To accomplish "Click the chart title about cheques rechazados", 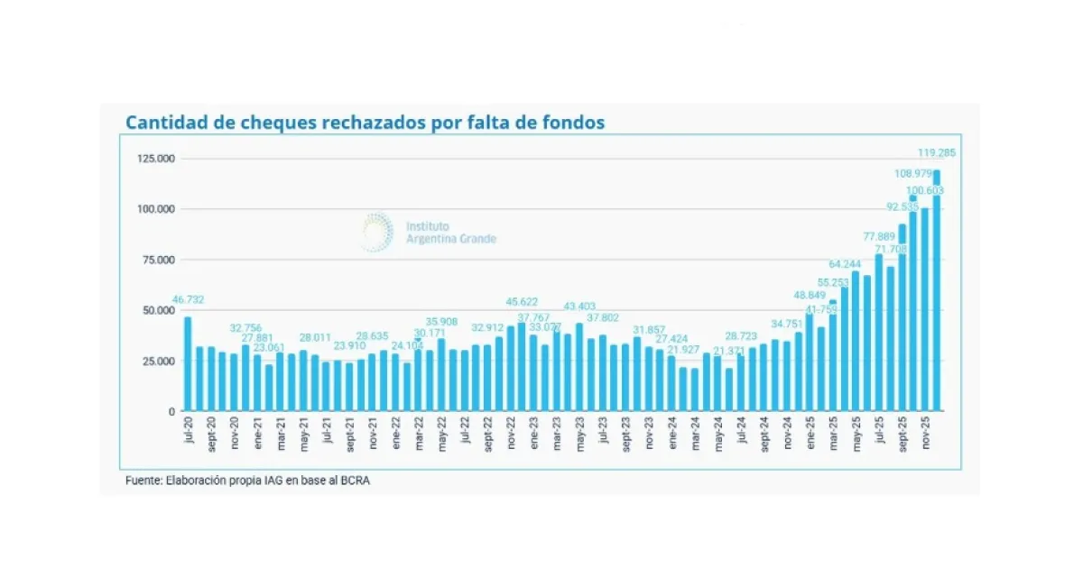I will tap(365, 123).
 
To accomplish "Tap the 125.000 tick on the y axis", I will tap(155, 159).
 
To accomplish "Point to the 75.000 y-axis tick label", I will tap(158, 260).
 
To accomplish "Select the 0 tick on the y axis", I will tap(170, 411).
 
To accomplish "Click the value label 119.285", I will tap(938, 152).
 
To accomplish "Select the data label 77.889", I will tap(880, 236).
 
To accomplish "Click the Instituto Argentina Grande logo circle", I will tap(376, 232).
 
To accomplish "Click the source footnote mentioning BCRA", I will tap(247, 481).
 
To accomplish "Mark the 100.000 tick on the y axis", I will tap(155, 209).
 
